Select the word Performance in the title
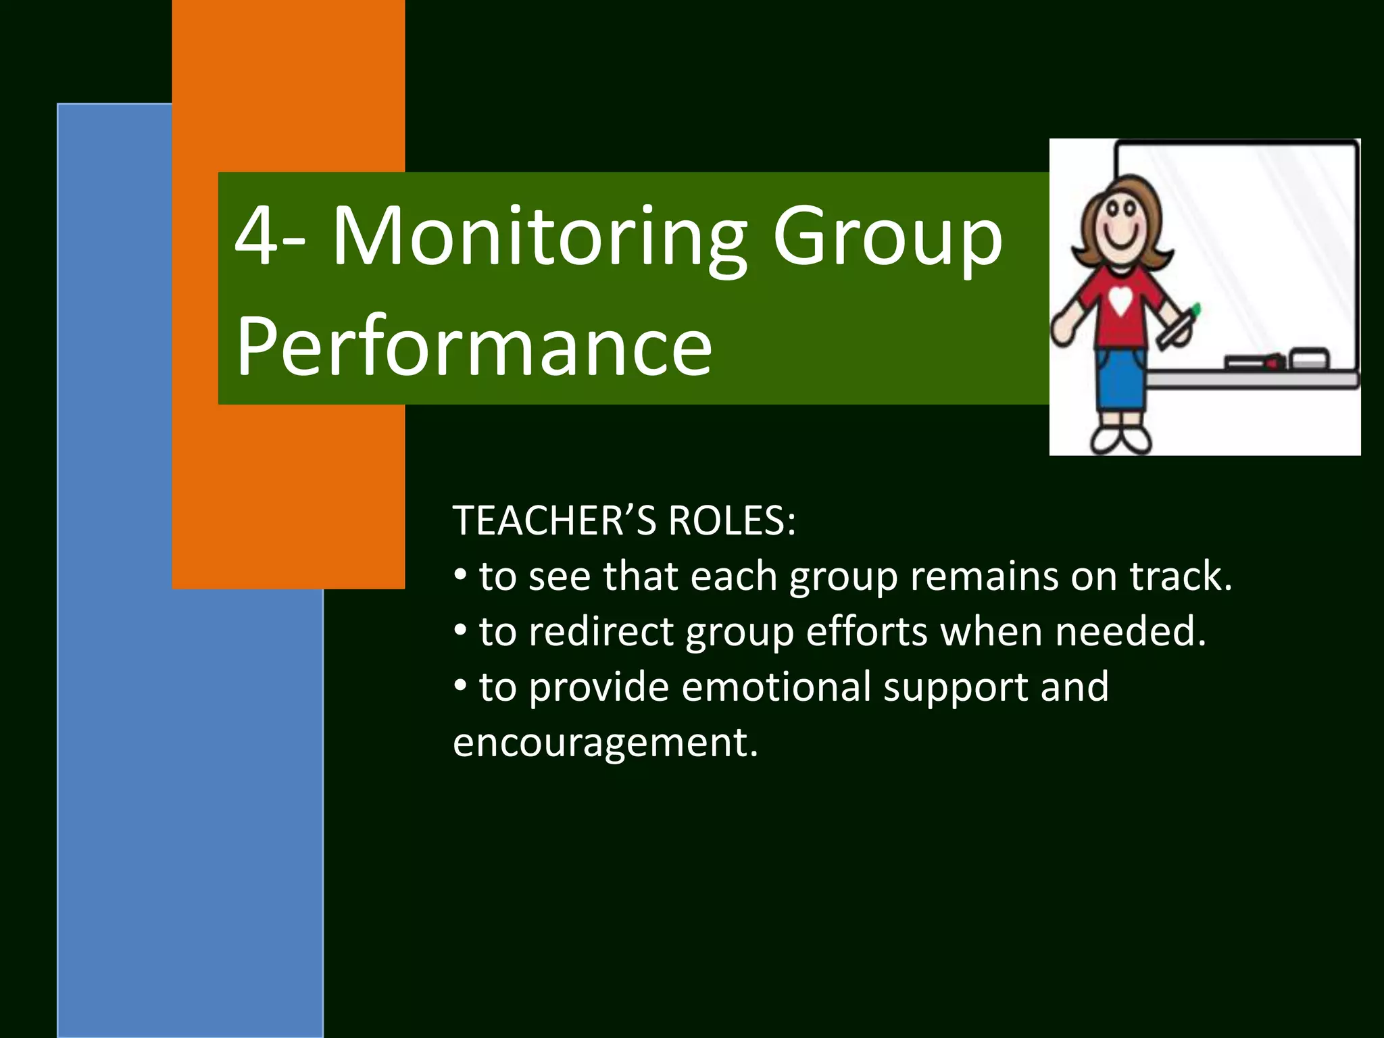[474, 347]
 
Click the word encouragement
[605, 743]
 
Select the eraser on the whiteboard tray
[1309, 358]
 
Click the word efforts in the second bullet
[867, 632]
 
